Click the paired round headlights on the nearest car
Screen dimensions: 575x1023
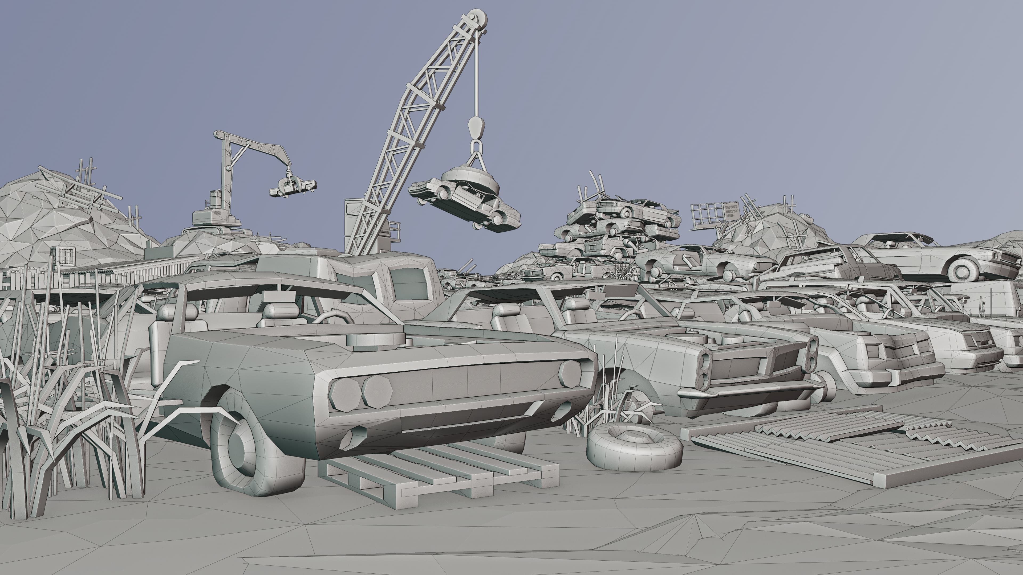click(362, 393)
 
